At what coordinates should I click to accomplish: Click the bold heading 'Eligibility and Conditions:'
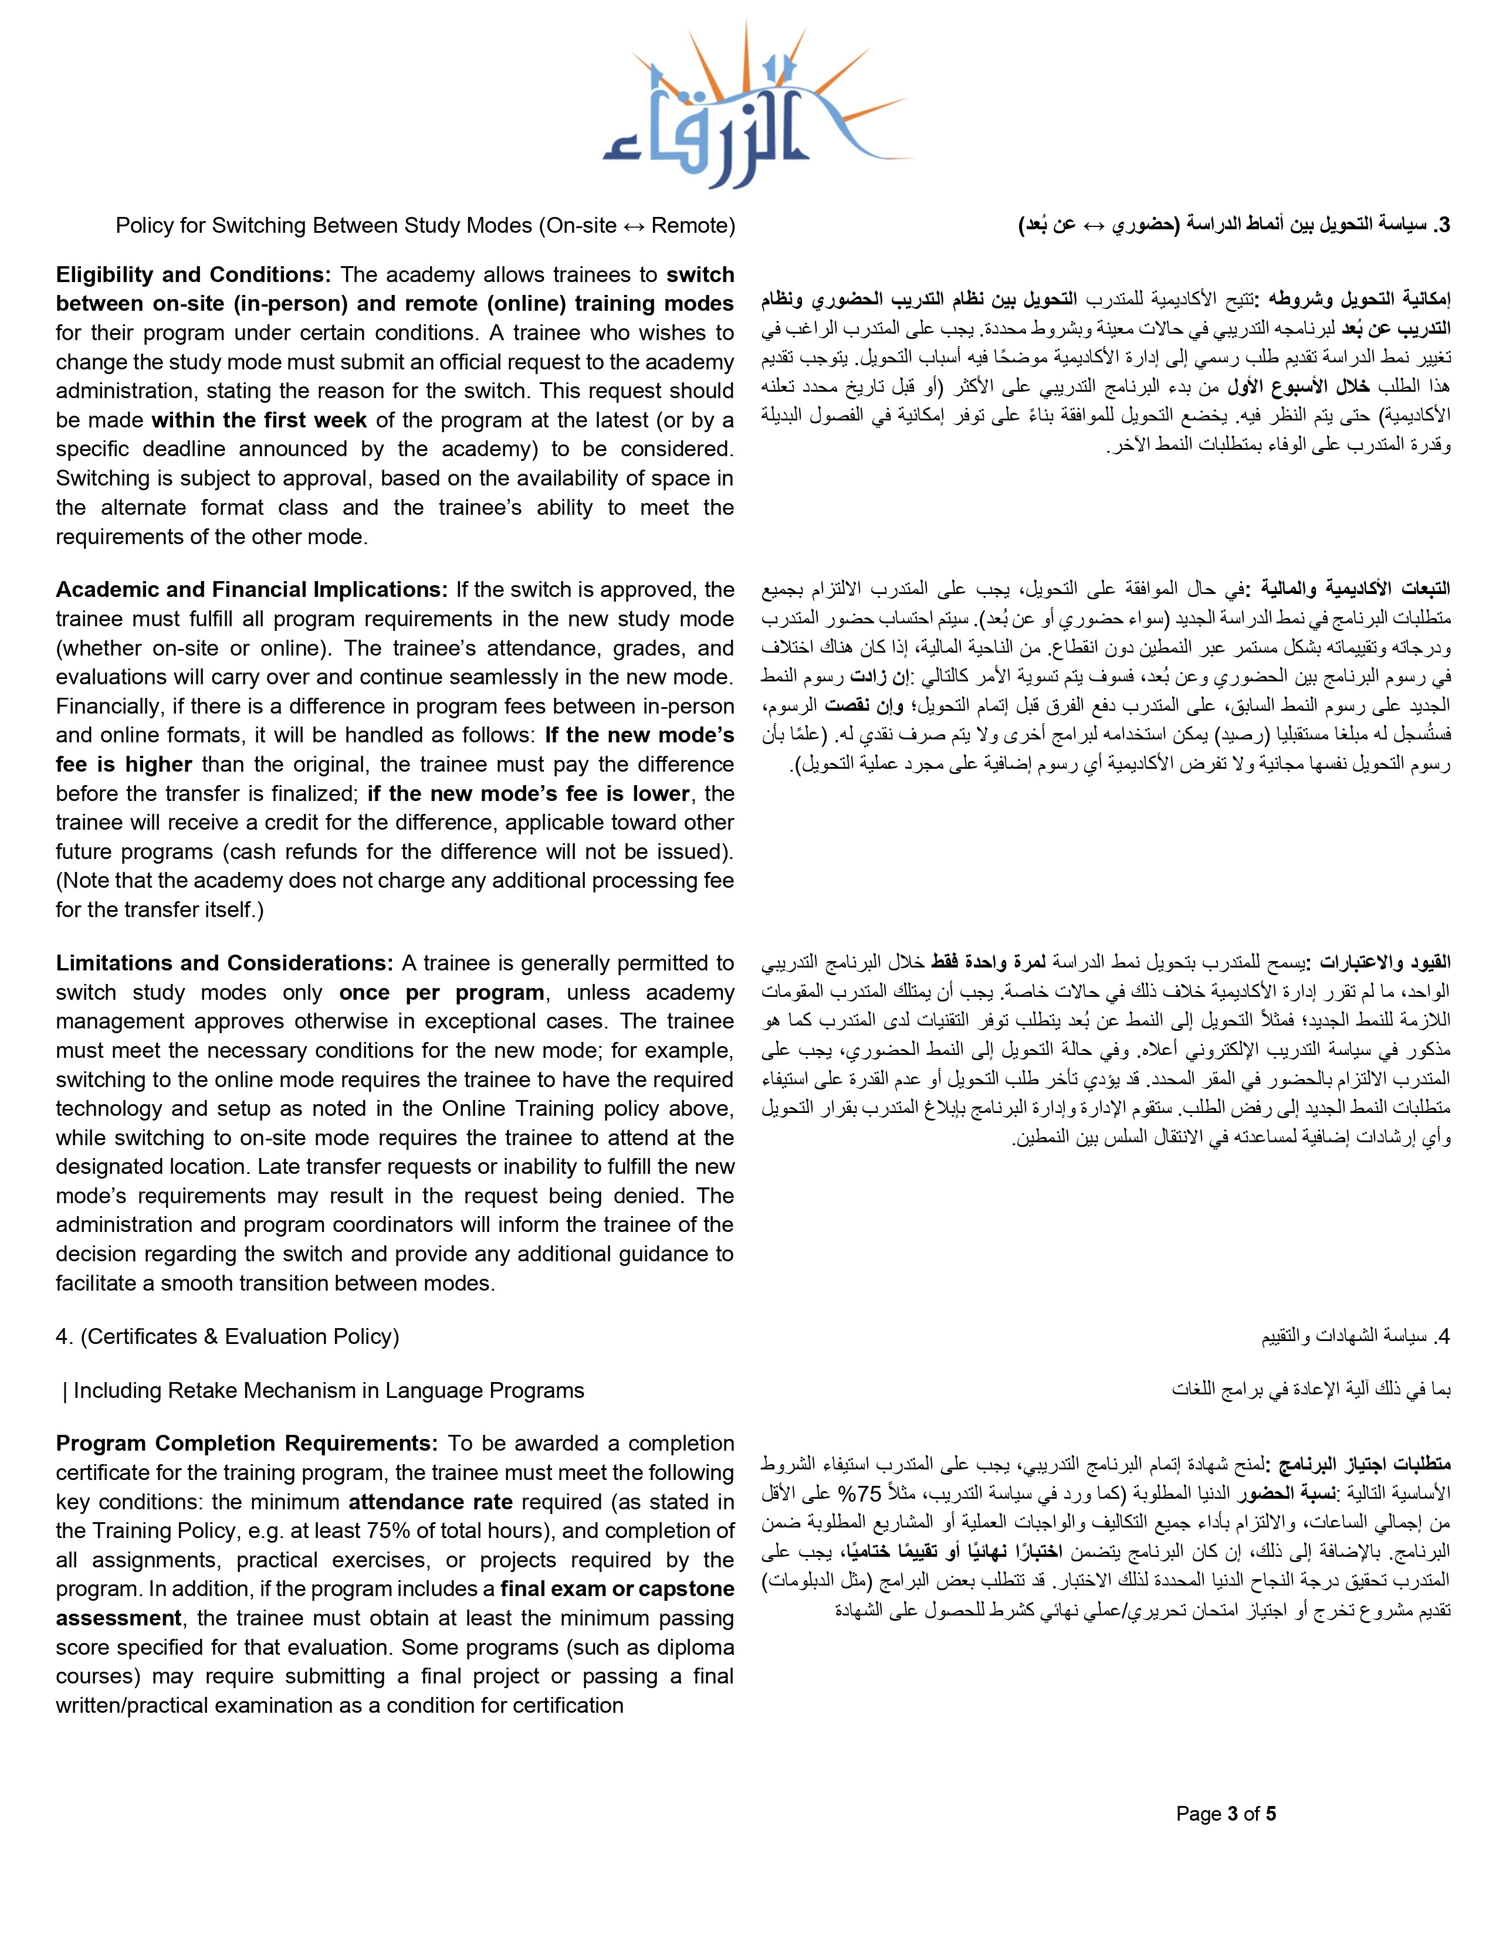[193, 274]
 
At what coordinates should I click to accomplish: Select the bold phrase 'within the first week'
[259, 420]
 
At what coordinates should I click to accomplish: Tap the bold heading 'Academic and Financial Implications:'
[253, 590]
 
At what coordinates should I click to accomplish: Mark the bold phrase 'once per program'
[441, 992]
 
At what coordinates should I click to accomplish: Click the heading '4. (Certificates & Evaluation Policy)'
[228, 1336]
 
